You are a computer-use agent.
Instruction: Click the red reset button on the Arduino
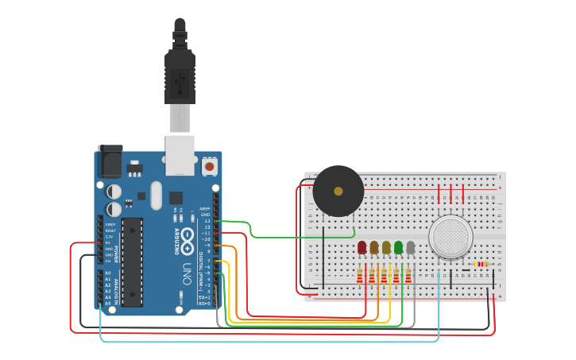[x=210, y=166]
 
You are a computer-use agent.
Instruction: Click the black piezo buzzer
[x=338, y=191]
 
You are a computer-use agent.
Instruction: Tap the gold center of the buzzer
[x=338, y=191]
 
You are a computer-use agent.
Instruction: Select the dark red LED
[x=362, y=248]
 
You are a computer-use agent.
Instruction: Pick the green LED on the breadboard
[x=398, y=248]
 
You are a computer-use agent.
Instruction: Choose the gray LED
[x=410, y=248]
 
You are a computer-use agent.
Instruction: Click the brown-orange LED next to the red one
[x=374, y=248]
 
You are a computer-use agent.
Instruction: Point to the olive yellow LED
[x=386, y=248]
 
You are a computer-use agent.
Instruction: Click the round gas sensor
[x=450, y=237]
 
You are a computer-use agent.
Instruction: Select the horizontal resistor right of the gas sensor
[x=481, y=264]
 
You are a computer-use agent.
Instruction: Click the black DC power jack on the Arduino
[x=109, y=163]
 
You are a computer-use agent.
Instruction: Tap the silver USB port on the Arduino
[x=180, y=154]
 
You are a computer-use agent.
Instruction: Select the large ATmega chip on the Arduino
[x=132, y=261]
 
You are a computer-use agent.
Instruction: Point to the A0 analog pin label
[x=108, y=273]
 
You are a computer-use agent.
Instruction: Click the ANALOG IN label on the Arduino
[x=117, y=288]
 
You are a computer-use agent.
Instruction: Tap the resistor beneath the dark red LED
[x=360, y=276]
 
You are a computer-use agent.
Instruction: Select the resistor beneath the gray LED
[x=408, y=276]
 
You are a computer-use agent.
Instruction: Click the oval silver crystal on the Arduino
[x=156, y=195]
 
